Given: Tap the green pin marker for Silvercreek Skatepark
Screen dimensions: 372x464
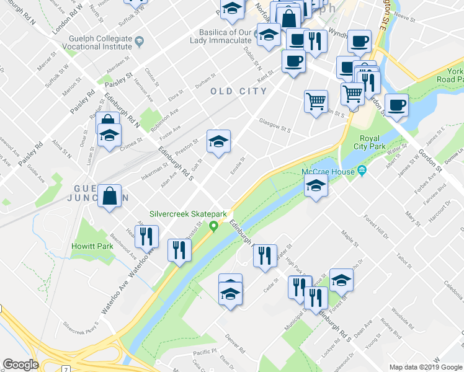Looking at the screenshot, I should click(215, 226).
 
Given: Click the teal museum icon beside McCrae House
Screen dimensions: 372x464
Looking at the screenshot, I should click(362, 171).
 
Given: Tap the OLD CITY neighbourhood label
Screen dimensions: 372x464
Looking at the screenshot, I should click(238, 91).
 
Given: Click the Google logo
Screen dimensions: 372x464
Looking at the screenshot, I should click(20, 365).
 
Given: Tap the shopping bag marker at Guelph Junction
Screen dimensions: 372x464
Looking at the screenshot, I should click(110, 196).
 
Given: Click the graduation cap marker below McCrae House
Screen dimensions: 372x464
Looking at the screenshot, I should click(316, 186).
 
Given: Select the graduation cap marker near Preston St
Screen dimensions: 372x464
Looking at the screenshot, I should click(218, 143).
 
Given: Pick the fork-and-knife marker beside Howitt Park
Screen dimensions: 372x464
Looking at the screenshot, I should click(147, 236).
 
